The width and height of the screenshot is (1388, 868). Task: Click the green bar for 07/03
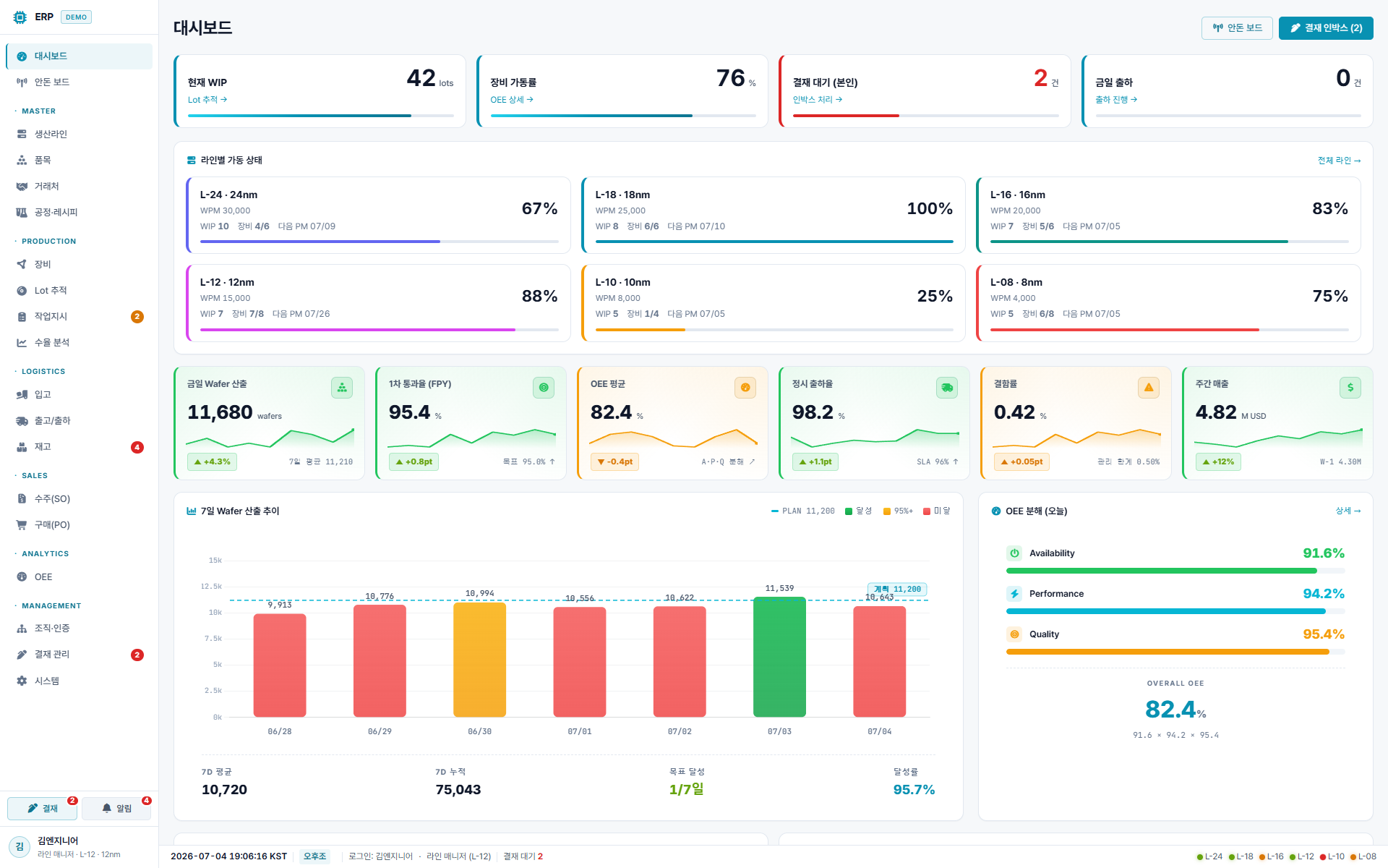(x=779, y=657)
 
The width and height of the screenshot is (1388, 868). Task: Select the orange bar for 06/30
(x=479, y=660)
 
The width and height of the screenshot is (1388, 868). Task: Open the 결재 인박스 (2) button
(x=1326, y=28)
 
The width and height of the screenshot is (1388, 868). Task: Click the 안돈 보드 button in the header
(x=1237, y=28)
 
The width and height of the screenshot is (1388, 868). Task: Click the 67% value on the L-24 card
(x=539, y=209)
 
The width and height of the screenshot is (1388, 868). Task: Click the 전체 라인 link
(x=1339, y=161)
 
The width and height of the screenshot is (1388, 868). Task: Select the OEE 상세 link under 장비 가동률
(x=512, y=100)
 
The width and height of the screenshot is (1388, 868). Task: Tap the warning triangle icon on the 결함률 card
(x=1149, y=388)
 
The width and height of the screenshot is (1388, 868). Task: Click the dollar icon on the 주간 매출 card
(x=1350, y=388)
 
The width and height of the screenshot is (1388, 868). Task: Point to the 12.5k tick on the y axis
(x=211, y=587)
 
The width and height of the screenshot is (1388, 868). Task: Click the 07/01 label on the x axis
(x=580, y=732)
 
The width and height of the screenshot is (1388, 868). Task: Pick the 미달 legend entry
(x=937, y=511)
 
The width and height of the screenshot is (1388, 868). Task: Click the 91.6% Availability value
(x=1324, y=553)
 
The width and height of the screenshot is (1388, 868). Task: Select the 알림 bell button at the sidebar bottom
(x=116, y=809)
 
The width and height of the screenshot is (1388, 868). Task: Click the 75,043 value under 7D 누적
(x=458, y=790)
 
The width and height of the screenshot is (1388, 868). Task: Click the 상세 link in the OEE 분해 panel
(x=1348, y=511)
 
